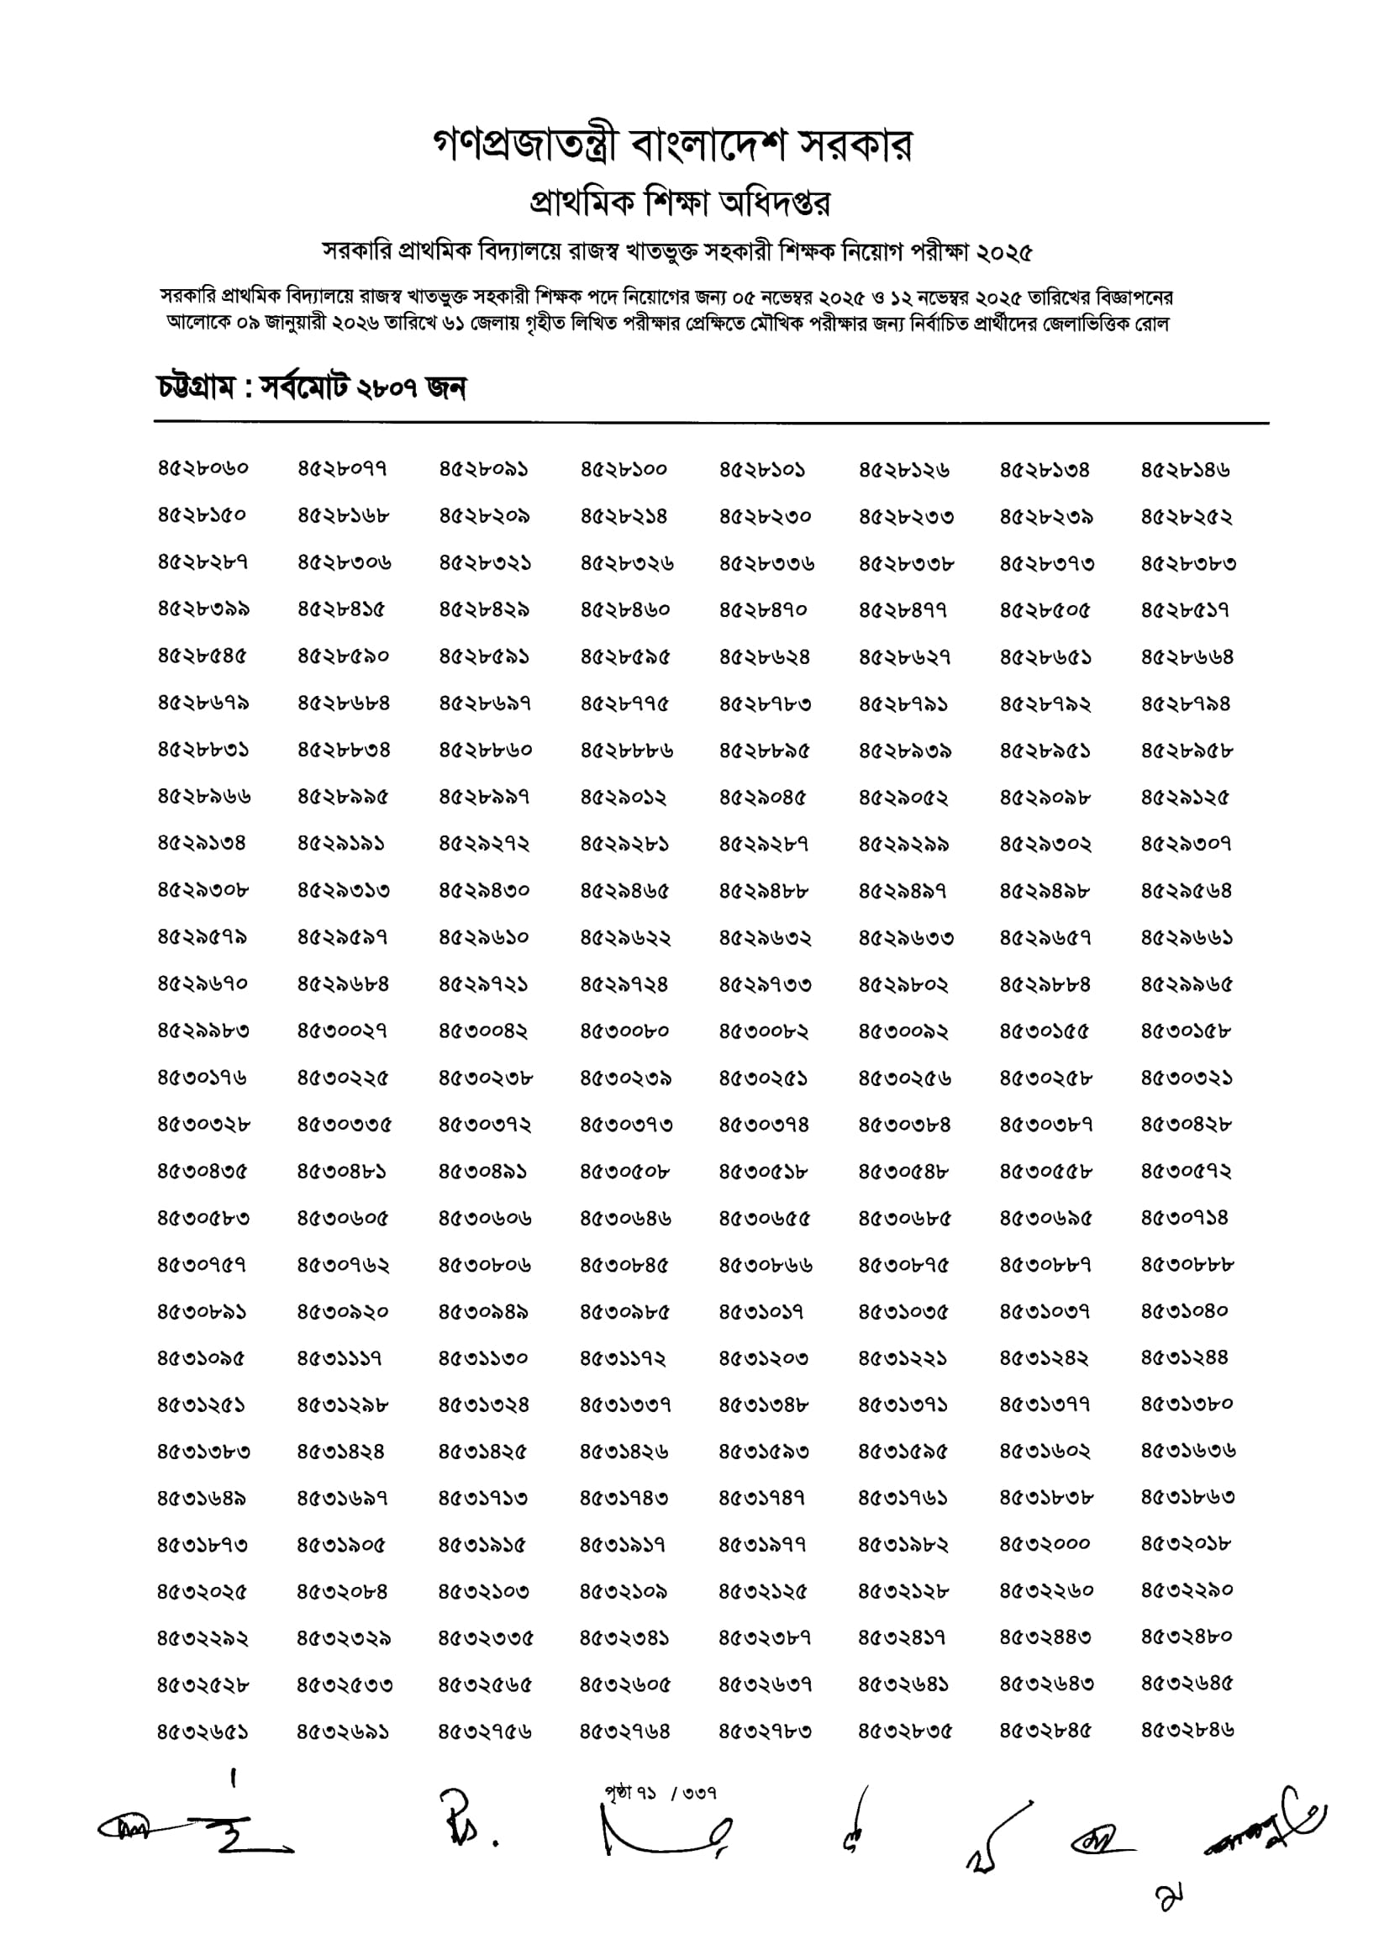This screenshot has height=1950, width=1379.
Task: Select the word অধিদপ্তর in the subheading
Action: point(774,203)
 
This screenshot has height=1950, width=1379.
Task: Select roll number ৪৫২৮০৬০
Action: point(203,469)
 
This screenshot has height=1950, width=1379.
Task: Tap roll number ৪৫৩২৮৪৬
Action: point(1187,1730)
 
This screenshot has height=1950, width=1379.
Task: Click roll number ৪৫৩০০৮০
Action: point(624,1031)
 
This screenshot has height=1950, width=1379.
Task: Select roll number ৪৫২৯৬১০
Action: point(484,938)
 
